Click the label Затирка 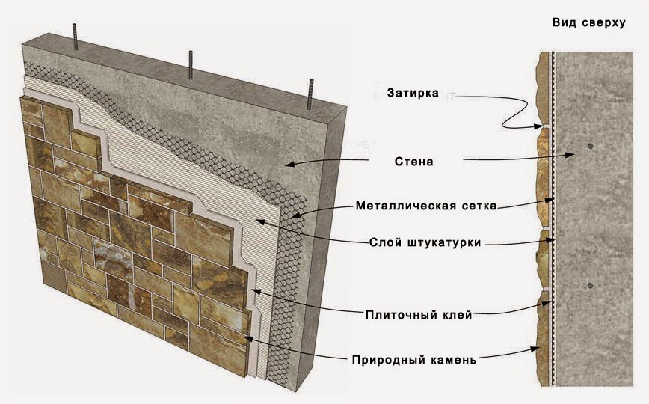(x=413, y=93)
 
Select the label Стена (x=414, y=161)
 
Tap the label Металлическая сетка (x=426, y=206)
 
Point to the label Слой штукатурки (x=425, y=242)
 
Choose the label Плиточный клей (x=419, y=315)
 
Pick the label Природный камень (x=414, y=359)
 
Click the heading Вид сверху (x=588, y=22)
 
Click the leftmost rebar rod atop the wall (x=75, y=37)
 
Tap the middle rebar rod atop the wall (x=191, y=64)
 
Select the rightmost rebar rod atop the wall (x=310, y=94)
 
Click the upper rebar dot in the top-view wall (x=590, y=146)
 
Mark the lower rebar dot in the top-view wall (x=590, y=286)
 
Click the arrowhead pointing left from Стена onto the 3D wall (x=291, y=164)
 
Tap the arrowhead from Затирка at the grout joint (x=538, y=126)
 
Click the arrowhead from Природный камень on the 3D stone (x=248, y=339)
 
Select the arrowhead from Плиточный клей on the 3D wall (x=256, y=291)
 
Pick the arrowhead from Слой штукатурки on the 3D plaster (x=260, y=221)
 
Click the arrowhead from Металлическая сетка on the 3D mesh (x=296, y=215)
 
